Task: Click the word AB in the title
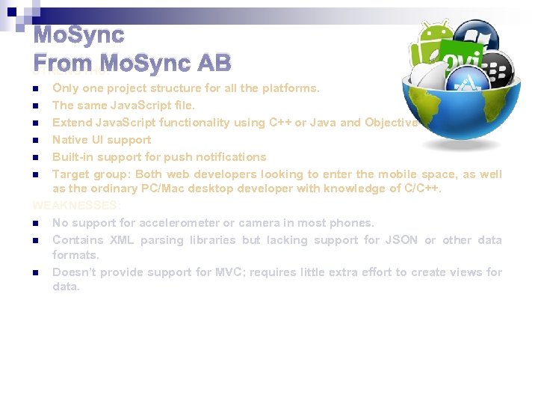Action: pos(212,62)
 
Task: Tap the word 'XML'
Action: pos(122,239)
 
